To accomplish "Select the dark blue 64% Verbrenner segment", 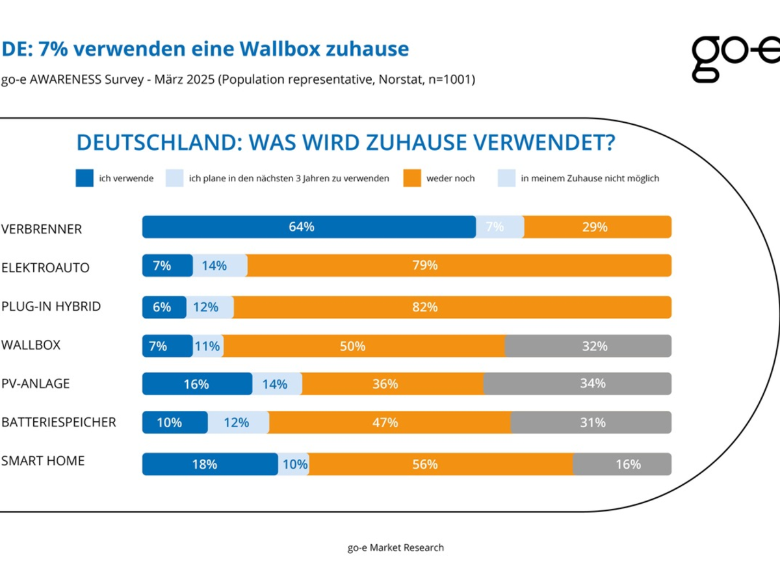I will point(309,227).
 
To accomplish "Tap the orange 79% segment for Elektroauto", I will point(459,266).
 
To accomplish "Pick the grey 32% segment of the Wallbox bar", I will point(588,346).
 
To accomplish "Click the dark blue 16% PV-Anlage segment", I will point(197,384).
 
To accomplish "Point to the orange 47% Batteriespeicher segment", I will point(390,422).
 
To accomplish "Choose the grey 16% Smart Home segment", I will point(622,464).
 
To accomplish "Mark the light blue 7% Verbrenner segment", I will point(500,227).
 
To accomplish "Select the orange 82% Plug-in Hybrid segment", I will point(452,307).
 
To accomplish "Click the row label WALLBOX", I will point(31,345).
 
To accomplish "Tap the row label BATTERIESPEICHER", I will point(58,422).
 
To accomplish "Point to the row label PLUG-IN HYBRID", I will point(51,306).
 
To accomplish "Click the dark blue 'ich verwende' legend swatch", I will point(84,178).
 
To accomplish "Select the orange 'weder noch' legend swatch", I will point(412,178).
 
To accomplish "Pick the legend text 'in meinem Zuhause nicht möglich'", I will point(590,178).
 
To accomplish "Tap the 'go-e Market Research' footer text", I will point(395,547).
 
